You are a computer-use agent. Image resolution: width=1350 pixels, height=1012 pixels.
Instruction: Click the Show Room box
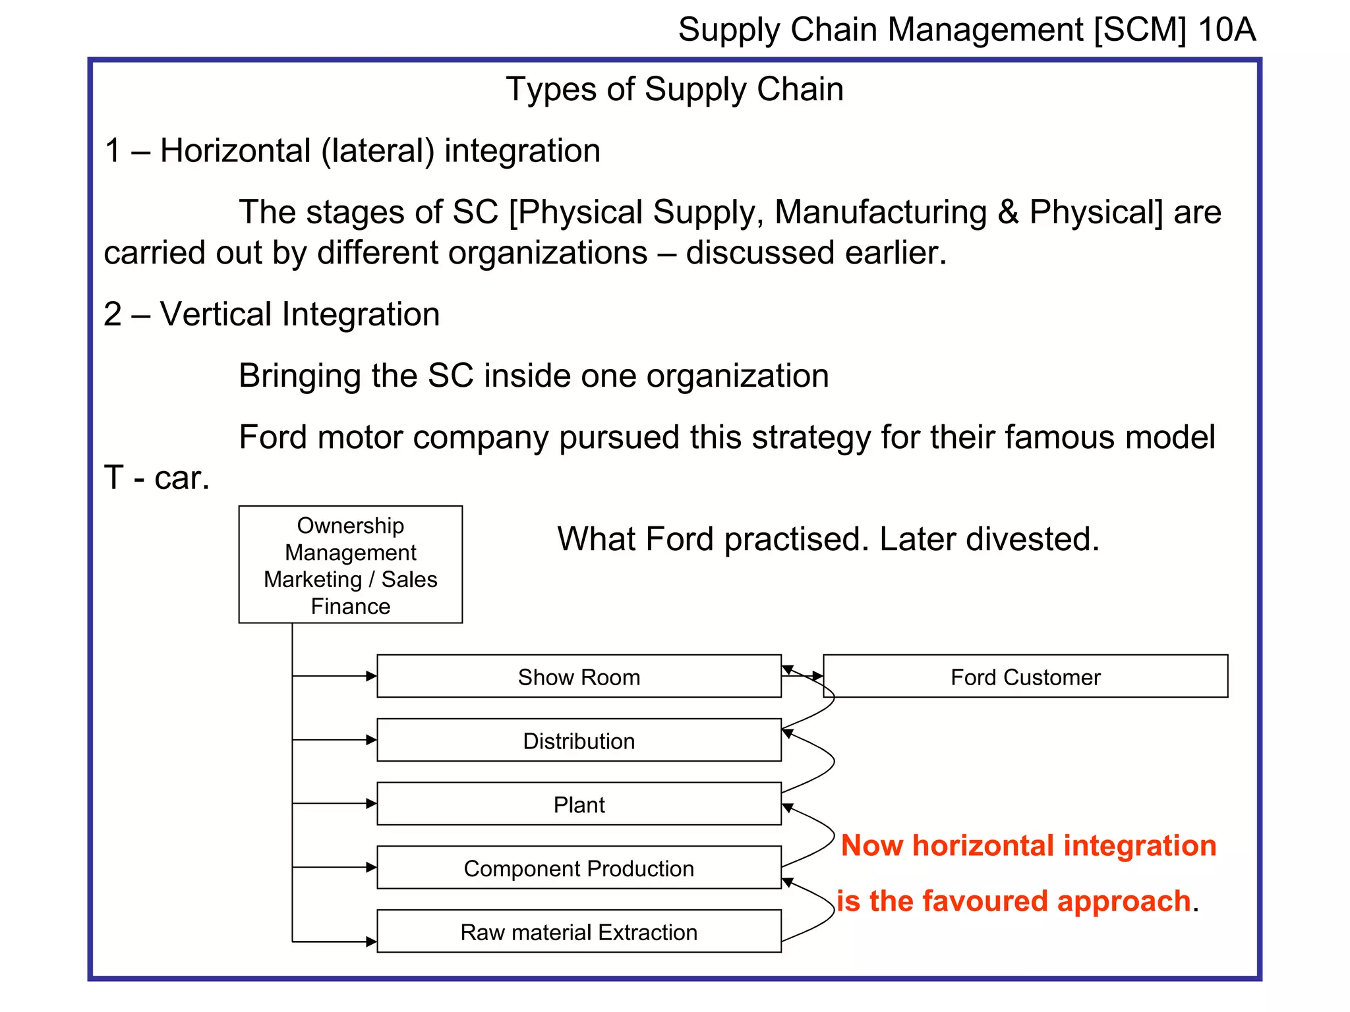tap(579, 677)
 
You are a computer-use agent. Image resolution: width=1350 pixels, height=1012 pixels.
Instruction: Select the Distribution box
tap(579, 741)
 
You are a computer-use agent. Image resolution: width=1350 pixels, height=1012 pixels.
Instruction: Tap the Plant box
tap(579, 804)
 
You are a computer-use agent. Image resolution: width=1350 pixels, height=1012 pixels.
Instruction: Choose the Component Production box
tap(579, 868)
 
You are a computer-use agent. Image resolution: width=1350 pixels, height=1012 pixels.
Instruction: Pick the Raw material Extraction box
tap(579, 932)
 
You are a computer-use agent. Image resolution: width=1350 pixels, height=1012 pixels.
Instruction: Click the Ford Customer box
tap(1025, 677)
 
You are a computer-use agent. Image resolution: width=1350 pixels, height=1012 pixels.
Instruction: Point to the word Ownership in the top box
tap(350, 525)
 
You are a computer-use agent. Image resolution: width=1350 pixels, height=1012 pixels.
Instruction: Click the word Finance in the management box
tap(350, 606)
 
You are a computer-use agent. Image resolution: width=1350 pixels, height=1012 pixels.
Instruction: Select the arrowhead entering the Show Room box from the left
tap(371, 676)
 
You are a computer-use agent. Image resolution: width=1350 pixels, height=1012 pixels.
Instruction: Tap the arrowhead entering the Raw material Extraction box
tap(371, 942)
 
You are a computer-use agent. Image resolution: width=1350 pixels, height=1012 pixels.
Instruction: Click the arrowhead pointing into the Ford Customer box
tap(817, 676)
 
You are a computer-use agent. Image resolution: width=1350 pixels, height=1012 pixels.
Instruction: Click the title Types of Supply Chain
tap(674, 89)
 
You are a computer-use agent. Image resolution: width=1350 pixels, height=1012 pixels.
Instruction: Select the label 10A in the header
tap(1227, 30)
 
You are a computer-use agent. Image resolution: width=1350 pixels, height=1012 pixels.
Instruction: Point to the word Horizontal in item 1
tap(235, 151)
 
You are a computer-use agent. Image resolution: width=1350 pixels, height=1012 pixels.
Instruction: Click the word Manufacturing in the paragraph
tap(881, 212)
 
